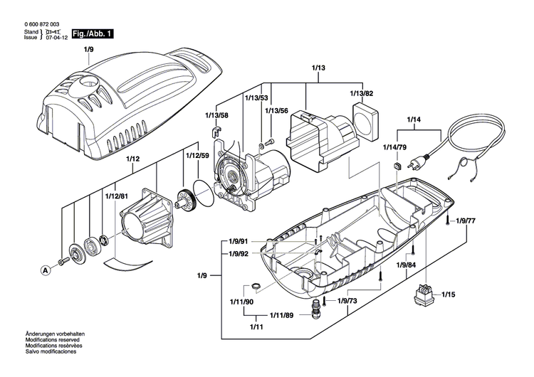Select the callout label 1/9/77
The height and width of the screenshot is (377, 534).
tap(466, 221)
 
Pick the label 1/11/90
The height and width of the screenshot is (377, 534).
tap(242, 302)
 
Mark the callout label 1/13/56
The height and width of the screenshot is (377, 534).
tap(276, 111)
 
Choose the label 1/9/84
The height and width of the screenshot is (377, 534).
tap(408, 265)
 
